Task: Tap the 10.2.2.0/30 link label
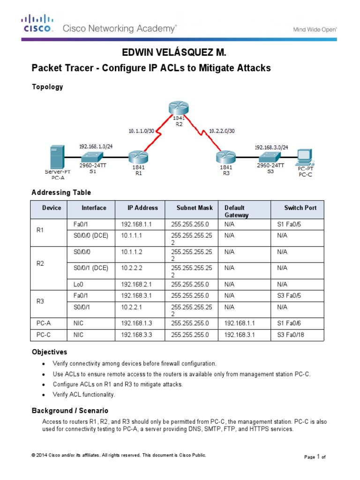(x=222, y=131)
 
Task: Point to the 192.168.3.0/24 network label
(x=271, y=147)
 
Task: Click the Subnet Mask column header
(x=195, y=208)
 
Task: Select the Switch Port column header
(x=300, y=208)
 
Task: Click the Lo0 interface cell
(x=78, y=284)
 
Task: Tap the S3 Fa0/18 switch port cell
(x=294, y=335)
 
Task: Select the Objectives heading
(x=49, y=352)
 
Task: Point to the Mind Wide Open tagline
(x=315, y=29)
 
